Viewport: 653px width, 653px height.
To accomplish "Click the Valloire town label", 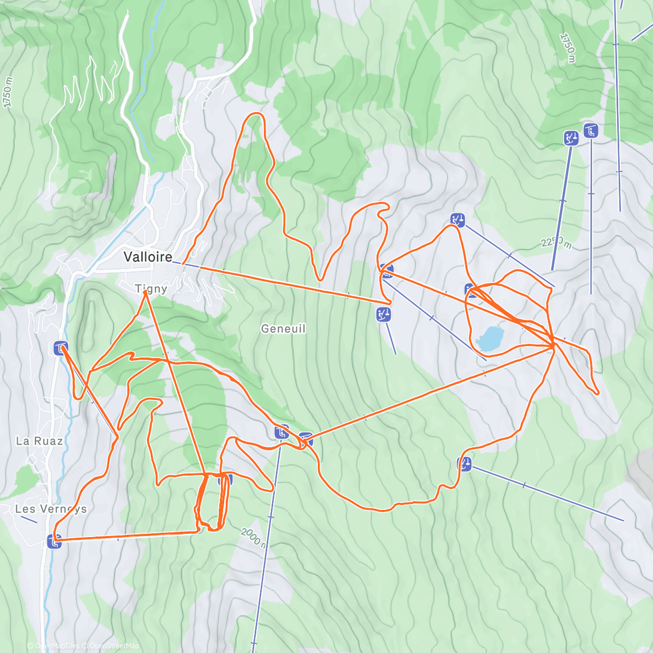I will coord(147,257).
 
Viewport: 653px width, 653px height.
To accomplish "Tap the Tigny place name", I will coord(151,288).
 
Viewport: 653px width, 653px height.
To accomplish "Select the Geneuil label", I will coord(283,329).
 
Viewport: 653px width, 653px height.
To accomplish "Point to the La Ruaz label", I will coord(39,441).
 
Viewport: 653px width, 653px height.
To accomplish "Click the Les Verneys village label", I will coord(51,509).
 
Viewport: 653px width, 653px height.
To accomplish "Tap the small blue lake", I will coord(490,338).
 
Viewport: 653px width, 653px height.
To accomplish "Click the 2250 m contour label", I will coord(556,243).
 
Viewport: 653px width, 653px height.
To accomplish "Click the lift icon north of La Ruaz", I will coord(60,348).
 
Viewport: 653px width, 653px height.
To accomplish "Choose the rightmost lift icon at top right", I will coord(591,131).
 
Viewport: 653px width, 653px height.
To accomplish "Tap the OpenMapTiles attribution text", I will coord(57,646).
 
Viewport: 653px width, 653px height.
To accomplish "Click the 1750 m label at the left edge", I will coord(7,93).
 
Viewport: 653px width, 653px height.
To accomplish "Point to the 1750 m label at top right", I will coord(567,48).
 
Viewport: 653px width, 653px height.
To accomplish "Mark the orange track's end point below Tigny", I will coord(145,292).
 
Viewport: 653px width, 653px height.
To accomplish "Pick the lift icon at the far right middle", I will coord(465,464).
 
